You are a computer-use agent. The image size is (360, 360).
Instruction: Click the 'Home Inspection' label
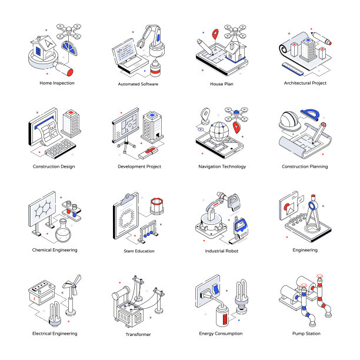(x=57, y=83)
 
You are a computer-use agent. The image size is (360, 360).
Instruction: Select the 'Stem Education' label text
(x=139, y=251)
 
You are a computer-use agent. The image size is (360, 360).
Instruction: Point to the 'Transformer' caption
(x=138, y=334)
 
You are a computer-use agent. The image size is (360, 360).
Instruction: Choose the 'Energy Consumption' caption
(x=221, y=334)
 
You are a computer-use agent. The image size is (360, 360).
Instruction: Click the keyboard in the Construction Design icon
(x=59, y=149)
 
